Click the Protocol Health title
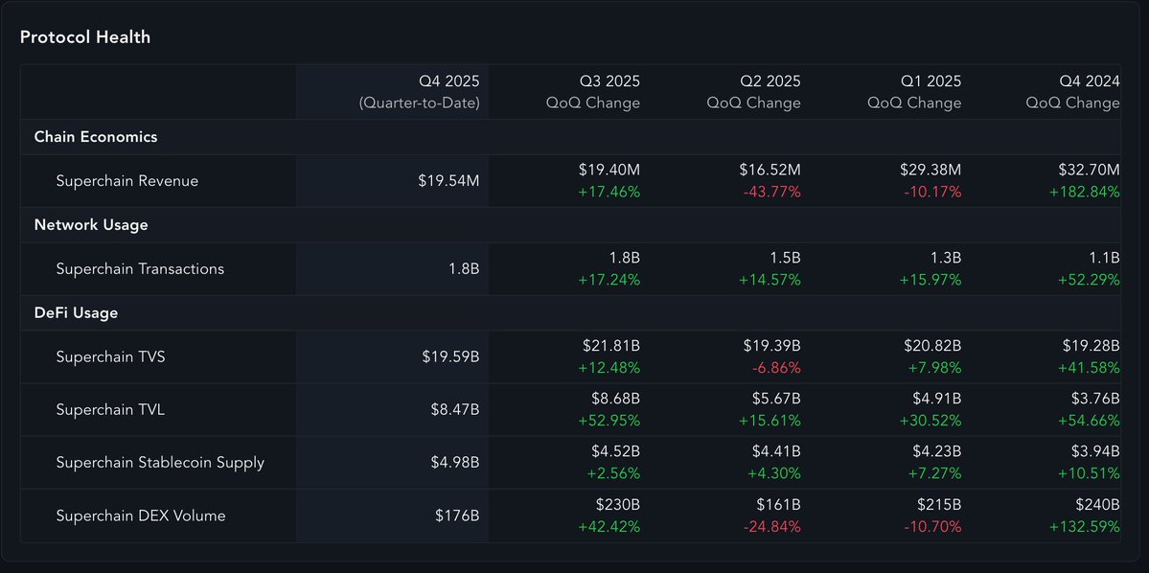(85, 37)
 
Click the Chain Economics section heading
(96, 137)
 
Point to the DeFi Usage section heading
(76, 312)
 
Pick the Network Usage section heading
(91, 225)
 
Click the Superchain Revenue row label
(127, 181)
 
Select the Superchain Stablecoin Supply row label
(160, 463)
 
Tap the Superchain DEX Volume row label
(141, 516)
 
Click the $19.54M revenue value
(449, 181)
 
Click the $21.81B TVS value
(610, 345)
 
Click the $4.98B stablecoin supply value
(450, 463)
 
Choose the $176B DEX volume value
(457, 516)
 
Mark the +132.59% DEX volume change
(1085, 527)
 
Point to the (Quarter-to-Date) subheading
(419, 103)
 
